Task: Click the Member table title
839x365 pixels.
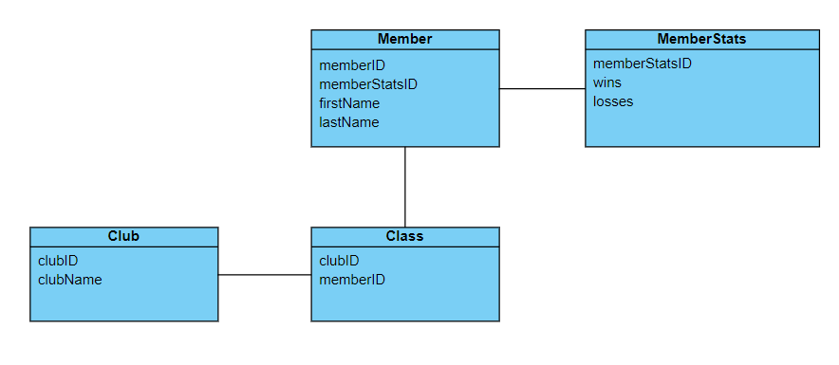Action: click(405, 39)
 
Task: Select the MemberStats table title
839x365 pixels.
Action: click(701, 39)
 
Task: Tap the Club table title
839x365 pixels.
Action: click(123, 236)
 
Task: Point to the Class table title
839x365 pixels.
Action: click(405, 236)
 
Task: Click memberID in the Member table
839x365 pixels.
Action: click(352, 65)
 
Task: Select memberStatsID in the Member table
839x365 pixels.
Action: click(368, 84)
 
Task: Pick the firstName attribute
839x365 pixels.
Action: click(349, 103)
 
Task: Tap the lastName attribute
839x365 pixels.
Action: click(349, 122)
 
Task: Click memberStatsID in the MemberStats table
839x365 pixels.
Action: click(643, 64)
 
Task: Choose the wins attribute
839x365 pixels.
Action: click(607, 82)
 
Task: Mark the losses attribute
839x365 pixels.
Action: click(613, 101)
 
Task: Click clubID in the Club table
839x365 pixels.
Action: click(58, 261)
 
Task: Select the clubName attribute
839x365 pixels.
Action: click(70, 280)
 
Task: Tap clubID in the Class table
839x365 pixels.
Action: click(340, 261)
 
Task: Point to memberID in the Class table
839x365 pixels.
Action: click(352, 280)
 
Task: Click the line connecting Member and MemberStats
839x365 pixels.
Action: click(542, 89)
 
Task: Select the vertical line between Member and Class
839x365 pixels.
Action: click(405, 187)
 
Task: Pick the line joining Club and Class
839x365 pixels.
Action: click(265, 275)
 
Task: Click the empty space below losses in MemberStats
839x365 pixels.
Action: click(701, 128)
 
